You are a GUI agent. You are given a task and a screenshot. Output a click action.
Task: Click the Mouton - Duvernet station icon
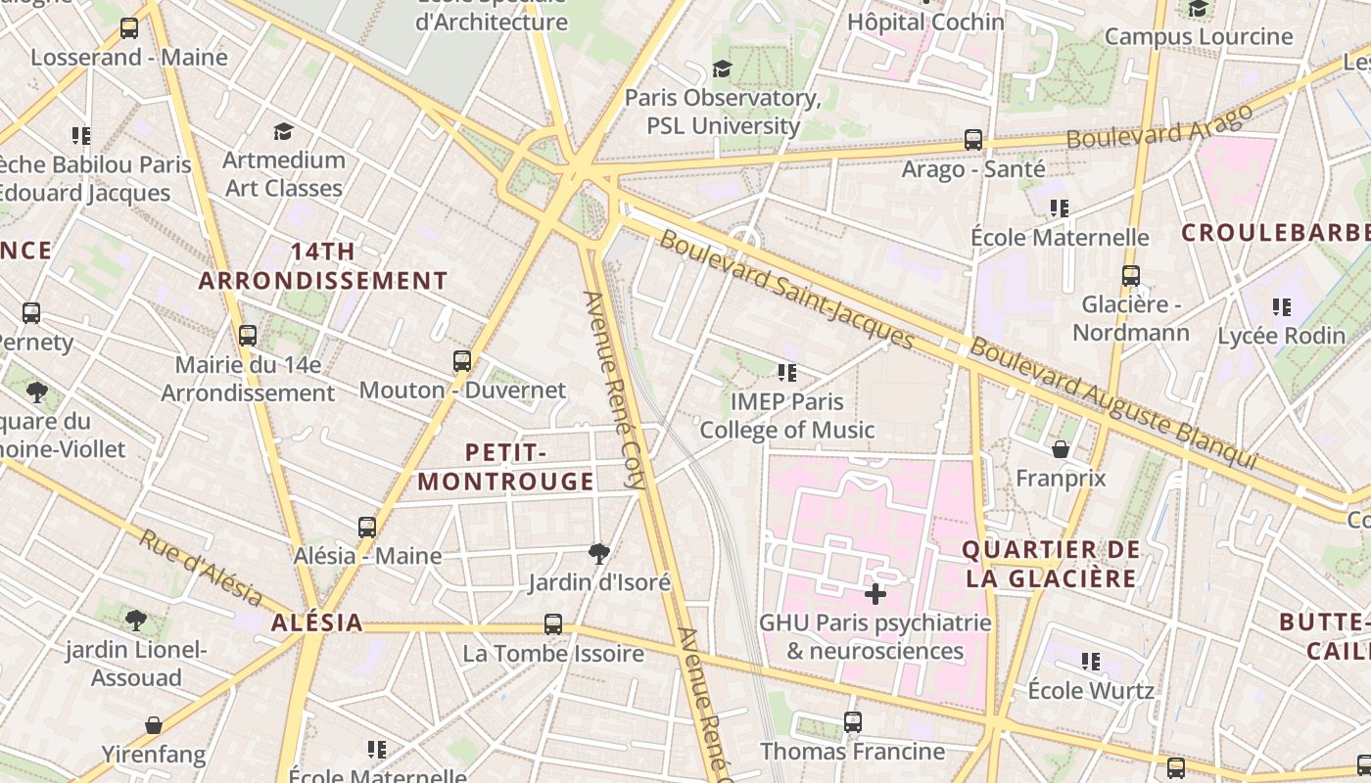462,361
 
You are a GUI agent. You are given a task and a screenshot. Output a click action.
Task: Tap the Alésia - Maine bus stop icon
367,528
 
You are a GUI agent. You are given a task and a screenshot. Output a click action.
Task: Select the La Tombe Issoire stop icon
553,624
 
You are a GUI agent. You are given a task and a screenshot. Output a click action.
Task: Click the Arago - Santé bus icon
972,140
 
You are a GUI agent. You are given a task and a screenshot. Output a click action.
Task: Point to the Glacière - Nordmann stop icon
1131,276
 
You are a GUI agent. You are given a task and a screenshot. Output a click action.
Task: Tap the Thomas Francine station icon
853,722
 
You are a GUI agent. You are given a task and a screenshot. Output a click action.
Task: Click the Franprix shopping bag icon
1061,449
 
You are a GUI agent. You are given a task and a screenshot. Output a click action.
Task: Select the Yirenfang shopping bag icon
154,725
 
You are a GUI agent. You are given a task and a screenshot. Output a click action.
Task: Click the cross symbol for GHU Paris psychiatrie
875,594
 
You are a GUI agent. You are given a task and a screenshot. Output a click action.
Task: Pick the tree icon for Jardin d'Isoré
598,554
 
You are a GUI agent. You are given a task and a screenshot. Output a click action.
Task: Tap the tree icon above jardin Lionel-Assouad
136,620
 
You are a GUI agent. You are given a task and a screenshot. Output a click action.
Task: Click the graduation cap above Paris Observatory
722,69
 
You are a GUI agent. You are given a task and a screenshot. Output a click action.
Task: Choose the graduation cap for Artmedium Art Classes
283,131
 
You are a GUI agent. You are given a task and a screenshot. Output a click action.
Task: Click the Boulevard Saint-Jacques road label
786,290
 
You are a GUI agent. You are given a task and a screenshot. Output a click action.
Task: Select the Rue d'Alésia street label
201,568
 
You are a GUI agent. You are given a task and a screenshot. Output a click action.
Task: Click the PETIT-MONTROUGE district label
506,467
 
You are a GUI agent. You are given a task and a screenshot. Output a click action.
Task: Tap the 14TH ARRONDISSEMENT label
323,266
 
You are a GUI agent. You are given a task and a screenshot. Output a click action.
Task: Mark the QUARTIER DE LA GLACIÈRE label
1051,564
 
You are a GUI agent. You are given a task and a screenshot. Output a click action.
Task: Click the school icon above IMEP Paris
786,372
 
